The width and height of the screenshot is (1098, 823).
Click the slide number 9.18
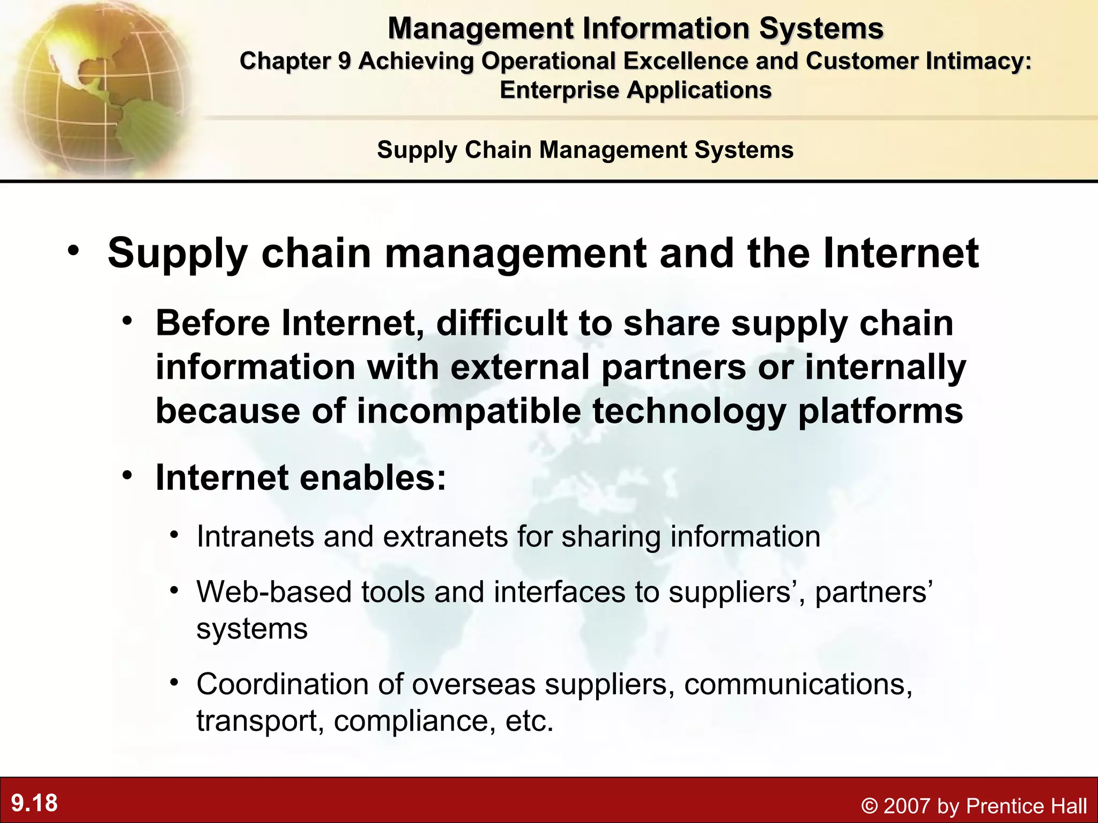click(x=34, y=803)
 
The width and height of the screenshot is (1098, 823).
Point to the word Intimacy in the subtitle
click(x=977, y=61)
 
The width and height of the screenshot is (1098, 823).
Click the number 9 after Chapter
click(x=344, y=61)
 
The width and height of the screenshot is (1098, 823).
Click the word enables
click(x=373, y=477)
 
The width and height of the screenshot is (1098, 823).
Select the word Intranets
click(x=255, y=536)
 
